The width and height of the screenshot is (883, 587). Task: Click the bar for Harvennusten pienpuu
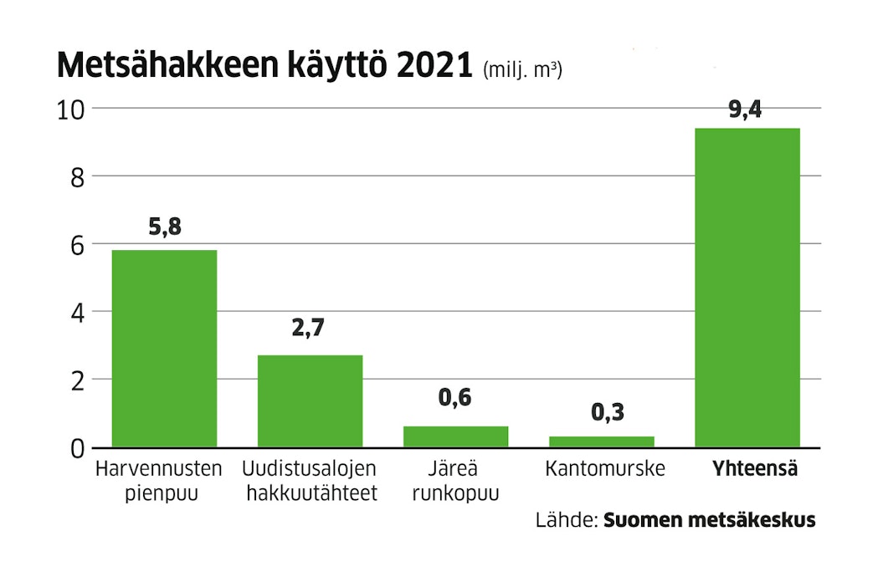click(164, 349)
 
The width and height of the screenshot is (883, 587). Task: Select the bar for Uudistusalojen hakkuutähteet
click(310, 401)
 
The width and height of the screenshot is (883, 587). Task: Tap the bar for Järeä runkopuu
click(455, 436)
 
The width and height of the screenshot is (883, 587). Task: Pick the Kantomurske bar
click(602, 442)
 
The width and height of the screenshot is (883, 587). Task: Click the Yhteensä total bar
click(747, 288)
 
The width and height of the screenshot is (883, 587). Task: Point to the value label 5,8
click(165, 227)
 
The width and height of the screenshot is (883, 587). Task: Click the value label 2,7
click(308, 328)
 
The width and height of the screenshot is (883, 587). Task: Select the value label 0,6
click(455, 397)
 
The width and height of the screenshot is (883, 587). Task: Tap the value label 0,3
click(608, 412)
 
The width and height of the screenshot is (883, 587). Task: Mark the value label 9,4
click(745, 109)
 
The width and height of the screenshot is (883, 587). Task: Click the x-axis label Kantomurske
click(604, 469)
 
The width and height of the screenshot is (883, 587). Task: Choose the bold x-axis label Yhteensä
click(755, 469)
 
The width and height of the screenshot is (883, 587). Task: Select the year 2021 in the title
click(435, 65)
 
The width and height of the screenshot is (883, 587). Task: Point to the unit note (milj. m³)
click(523, 70)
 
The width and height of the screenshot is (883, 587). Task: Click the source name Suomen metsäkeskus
click(709, 520)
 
